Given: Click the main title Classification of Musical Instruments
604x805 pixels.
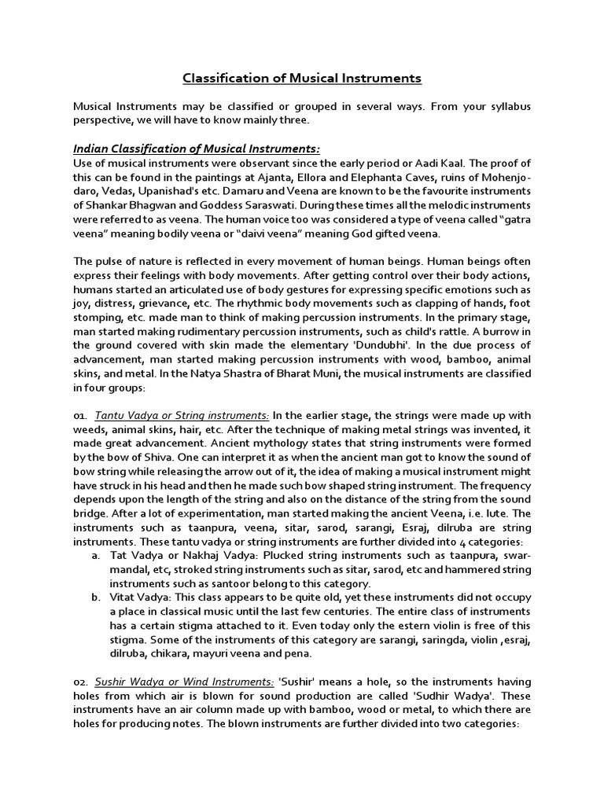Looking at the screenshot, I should (302, 78).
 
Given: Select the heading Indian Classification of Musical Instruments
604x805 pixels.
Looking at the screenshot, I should (197, 149).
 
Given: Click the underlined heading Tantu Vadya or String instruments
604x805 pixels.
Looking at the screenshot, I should (182, 416).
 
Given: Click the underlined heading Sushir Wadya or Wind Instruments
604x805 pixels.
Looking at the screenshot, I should (185, 683).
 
